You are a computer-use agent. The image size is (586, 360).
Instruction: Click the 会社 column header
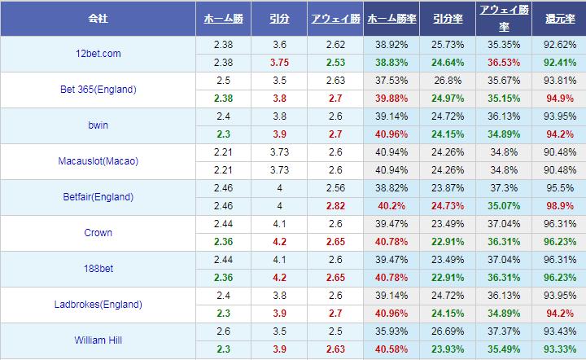(x=98, y=17)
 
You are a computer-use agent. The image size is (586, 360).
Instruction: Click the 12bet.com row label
(x=98, y=54)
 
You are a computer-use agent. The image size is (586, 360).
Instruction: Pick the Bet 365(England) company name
(x=98, y=90)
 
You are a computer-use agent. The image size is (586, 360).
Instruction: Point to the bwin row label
(x=98, y=125)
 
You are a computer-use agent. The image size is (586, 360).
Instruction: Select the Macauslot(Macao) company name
(x=98, y=161)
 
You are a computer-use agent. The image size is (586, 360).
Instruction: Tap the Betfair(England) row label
(x=98, y=197)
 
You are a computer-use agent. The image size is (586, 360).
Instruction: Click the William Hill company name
(x=98, y=340)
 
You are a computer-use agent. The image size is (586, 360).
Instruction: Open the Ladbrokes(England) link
(x=98, y=305)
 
